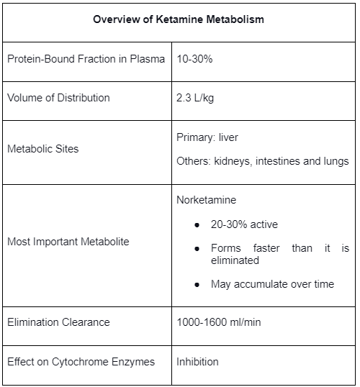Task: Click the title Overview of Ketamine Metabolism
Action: click(x=179, y=19)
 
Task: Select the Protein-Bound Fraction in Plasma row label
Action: click(x=86, y=58)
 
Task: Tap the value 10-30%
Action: click(x=194, y=58)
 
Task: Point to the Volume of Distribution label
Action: click(x=58, y=97)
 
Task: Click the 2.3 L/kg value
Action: click(x=195, y=97)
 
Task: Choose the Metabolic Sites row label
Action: click(x=43, y=149)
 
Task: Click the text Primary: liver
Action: click(x=207, y=137)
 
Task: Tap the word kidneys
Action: click(x=234, y=161)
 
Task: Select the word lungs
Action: click(x=336, y=161)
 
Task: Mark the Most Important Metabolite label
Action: click(x=68, y=242)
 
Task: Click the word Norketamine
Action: click(x=207, y=199)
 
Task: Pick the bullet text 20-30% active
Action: click(x=244, y=224)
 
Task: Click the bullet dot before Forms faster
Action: click(x=197, y=249)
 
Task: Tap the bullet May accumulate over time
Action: click(x=272, y=284)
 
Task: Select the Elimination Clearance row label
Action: click(x=58, y=322)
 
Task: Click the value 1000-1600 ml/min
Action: click(x=219, y=322)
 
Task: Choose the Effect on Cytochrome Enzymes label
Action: click(x=81, y=361)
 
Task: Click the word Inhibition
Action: click(x=197, y=361)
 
